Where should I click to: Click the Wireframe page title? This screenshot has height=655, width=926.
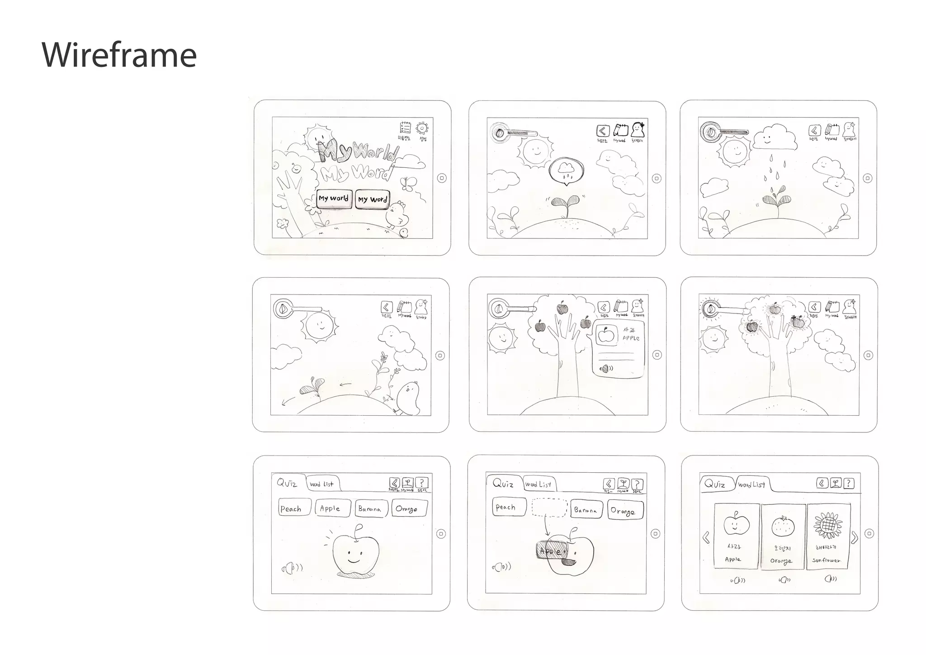(x=119, y=55)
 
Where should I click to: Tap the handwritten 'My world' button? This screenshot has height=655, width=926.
(x=334, y=199)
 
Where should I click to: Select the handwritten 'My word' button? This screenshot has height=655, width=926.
(x=372, y=199)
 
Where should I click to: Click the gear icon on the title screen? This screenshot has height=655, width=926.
(x=422, y=128)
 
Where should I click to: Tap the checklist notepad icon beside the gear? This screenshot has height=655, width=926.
(x=405, y=128)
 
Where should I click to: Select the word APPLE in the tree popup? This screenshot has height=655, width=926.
(x=631, y=338)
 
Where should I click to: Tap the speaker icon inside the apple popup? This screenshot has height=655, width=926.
(x=605, y=369)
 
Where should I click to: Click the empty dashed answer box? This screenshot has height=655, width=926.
(x=549, y=508)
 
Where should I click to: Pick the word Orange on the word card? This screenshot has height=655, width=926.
(x=781, y=561)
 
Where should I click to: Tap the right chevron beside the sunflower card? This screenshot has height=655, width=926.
(x=854, y=538)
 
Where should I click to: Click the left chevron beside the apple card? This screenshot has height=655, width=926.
(x=706, y=538)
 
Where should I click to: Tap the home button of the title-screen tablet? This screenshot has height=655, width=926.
(x=442, y=178)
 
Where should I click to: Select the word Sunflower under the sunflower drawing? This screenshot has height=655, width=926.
(x=826, y=560)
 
